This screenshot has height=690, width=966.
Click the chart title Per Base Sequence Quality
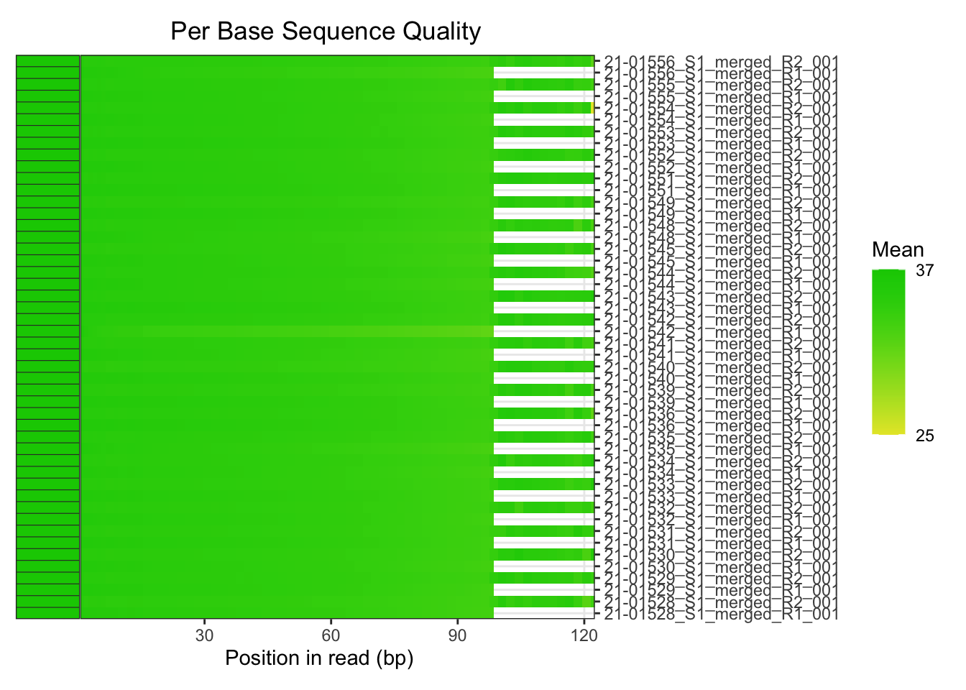(x=326, y=32)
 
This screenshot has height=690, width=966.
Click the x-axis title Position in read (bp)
(x=319, y=658)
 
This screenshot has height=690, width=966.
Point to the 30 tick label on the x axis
(x=205, y=635)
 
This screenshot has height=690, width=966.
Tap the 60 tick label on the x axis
(x=331, y=635)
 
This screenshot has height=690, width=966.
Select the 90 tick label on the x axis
(x=457, y=635)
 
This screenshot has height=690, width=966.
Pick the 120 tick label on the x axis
(x=584, y=635)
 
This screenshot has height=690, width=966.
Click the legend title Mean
(x=898, y=250)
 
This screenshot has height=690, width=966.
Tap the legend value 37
(x=924, y=271)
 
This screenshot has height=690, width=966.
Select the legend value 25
(x=924, y=436)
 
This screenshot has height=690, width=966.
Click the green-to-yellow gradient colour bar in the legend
(x=888, y=352)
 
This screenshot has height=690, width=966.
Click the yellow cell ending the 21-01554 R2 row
(x=592, y=108)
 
